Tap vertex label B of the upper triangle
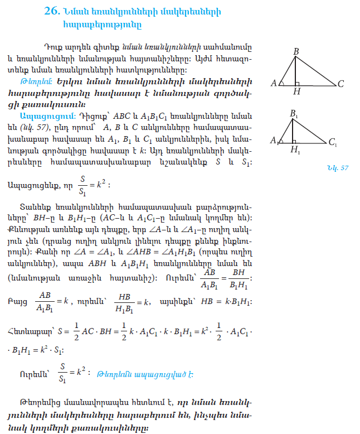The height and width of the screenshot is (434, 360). click(296, 51)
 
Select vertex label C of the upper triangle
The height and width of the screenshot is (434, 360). click(340, 84)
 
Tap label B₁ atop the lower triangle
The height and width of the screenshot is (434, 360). click(294, 113)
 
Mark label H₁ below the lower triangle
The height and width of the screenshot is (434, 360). click(294, 150)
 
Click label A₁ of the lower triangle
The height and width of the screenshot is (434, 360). click(274, 141)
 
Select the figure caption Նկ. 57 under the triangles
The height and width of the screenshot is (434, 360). click(338, 167)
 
